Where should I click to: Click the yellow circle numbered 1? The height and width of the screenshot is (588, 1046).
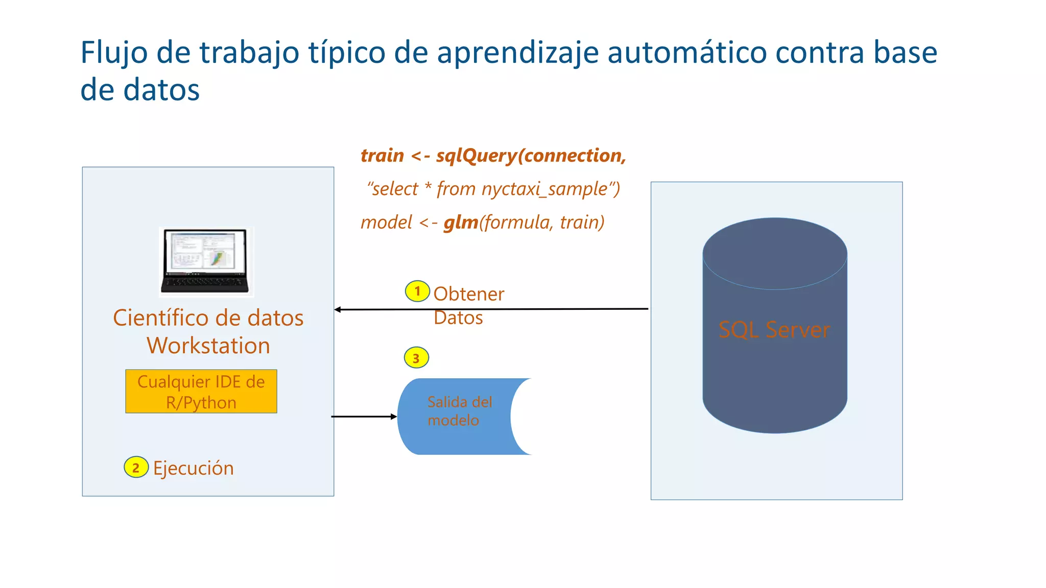click(417, 291)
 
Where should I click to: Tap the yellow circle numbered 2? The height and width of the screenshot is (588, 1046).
click(136, 467)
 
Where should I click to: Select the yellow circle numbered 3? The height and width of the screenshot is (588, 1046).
click(416, 358)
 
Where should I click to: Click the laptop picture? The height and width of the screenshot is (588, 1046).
click(206, 262)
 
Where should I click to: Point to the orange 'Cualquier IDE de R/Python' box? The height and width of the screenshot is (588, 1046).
click(201, 391)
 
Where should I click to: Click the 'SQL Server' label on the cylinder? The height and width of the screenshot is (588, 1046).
click(774, 330)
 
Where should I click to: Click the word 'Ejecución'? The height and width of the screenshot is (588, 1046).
click(194, 468)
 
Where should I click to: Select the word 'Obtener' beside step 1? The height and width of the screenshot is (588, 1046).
click(468, 294)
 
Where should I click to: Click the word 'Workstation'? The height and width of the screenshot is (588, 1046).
click(208, 346)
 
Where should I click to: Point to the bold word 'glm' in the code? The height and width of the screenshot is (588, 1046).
click(461, 223)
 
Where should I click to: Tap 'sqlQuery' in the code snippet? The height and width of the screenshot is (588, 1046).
click(477, 156)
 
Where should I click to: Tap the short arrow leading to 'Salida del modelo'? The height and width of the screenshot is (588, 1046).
click(364, 416)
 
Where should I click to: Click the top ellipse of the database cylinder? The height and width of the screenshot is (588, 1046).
click(775, 254)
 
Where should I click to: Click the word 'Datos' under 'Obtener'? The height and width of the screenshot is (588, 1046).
click(458, 318)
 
